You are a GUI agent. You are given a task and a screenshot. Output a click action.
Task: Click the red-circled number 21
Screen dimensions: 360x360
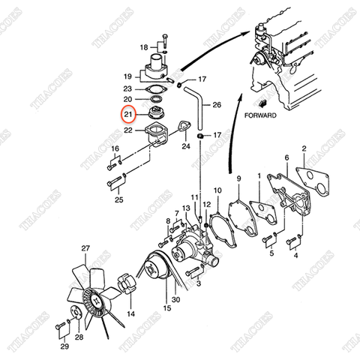(x=127, y=114)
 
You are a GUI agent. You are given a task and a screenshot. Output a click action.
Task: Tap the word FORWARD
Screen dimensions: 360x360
(x=260, y=116)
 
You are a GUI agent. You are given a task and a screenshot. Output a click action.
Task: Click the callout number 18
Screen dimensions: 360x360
(x=144, y=46)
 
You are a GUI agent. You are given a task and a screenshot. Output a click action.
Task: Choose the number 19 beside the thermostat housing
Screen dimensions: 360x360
(x=127, y=76)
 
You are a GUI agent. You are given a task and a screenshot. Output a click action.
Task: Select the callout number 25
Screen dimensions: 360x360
(x=118, y=199)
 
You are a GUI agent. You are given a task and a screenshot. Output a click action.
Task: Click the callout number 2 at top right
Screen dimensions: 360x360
(x=303, y=150)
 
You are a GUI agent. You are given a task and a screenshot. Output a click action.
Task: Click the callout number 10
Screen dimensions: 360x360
(x=217, y=190)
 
